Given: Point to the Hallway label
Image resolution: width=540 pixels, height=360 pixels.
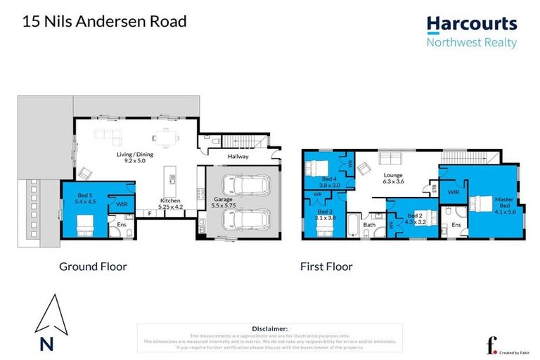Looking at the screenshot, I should pyautogui.click(x=237, y=156).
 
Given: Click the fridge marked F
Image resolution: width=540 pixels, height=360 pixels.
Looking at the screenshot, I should pyautogui.click(x=149, y=212).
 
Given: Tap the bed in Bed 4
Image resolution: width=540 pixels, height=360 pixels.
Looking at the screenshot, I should pyautogui.click(x=316, y=169).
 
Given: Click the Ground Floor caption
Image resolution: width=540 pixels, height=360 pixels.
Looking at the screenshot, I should pyautogui.click(x=93, y=266).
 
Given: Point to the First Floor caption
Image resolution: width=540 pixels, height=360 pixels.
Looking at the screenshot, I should pyautogui.click(x=326, y=266).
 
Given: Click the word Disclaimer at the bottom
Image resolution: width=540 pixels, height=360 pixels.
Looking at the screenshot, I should pyautogui.click(x=269, y=328).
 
